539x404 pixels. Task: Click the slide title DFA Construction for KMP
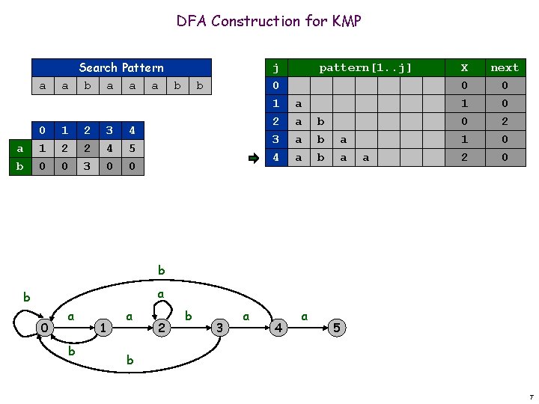[x=269, y=21]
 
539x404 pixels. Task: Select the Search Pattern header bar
[x=121, y=67]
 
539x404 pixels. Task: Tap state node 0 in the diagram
[x=46, y=328]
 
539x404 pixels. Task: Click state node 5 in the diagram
[x=338, y=328]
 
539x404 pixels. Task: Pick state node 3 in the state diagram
[x=220, y=328]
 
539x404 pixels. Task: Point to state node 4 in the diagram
[x=278, y=328]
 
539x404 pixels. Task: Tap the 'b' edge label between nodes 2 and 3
[x=189, y=317]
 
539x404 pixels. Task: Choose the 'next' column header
[x=504, y=67]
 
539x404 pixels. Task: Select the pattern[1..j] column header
[x=365, y=67]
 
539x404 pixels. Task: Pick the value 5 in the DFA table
[x=132, y=148]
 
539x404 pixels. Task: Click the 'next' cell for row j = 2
[x=504, y=121]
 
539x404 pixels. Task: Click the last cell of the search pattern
[x=199, y=85]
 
